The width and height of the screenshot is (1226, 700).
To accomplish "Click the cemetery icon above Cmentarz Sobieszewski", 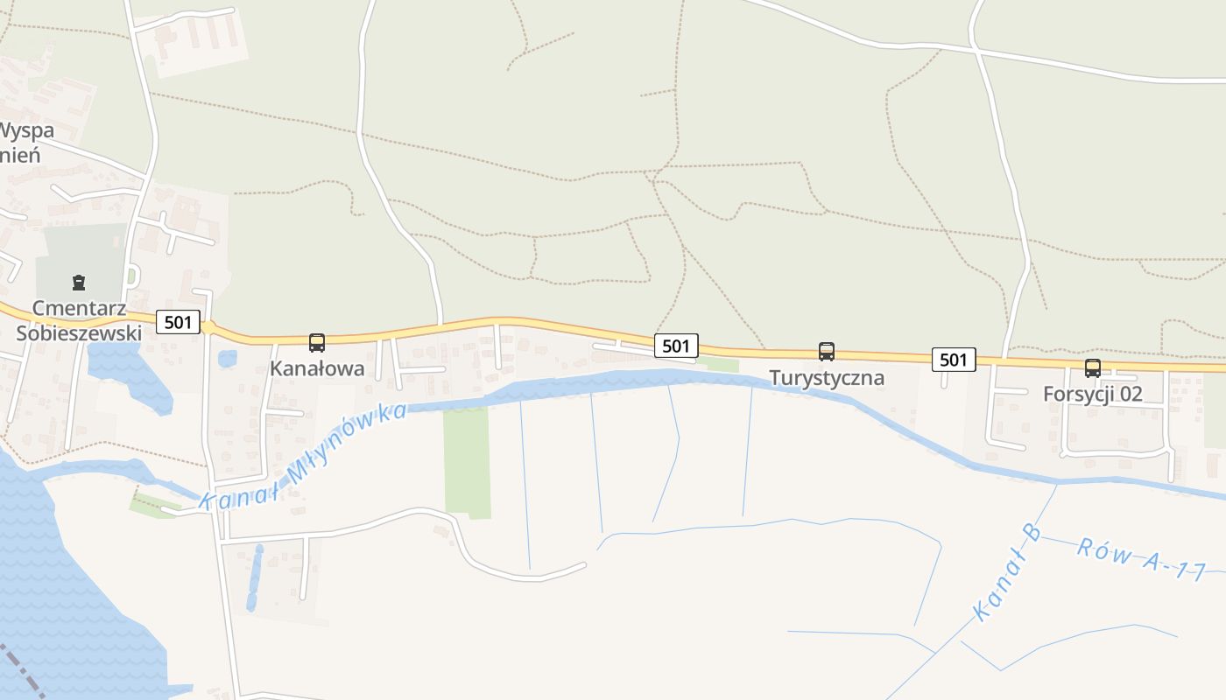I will (80, 283).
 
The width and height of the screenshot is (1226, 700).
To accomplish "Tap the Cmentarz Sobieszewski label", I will (79, 321).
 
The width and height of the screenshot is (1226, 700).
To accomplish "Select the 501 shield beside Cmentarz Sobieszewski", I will (178, 322).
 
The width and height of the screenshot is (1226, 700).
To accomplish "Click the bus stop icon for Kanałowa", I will (317, 343).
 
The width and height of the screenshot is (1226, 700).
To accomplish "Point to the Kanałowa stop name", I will (317, 369).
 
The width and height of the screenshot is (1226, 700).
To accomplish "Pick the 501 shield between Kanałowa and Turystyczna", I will (676, 346).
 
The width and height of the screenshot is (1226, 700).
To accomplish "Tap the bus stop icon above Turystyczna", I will (827, 352).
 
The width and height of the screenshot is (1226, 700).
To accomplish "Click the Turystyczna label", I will (827, 378).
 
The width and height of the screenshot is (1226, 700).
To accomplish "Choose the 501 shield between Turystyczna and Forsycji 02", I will (953, 359).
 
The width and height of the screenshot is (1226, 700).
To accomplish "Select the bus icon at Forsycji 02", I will (1093, 368).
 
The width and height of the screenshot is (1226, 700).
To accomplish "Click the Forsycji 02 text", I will (1093, 395).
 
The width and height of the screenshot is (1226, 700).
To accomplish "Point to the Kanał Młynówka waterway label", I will (303, 458).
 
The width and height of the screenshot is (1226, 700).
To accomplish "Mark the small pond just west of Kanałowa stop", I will (227, 359).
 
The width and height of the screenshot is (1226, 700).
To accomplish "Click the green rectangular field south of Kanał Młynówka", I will (467, 459).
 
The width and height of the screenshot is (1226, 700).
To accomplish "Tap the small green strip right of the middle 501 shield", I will (718, 365).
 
